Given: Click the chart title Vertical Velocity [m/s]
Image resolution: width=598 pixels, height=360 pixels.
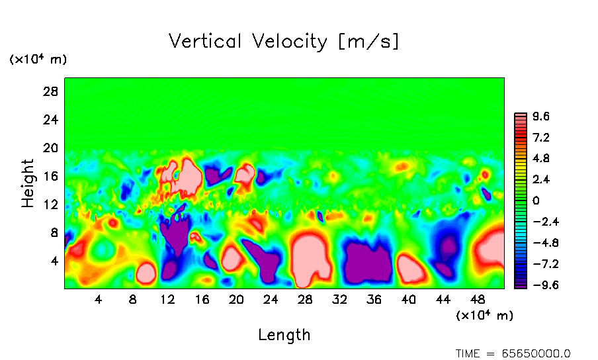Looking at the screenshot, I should [x=284, y=42].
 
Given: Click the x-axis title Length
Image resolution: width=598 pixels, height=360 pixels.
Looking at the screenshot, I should [x=284, y=335].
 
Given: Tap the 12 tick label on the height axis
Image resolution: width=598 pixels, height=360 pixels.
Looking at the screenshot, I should [x=51, y=204].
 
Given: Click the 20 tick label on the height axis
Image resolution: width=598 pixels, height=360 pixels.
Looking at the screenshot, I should [x=51, y=148].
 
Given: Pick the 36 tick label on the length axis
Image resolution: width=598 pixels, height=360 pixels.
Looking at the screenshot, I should [x=374, y=300].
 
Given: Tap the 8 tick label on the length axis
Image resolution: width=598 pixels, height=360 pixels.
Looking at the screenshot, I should [x=133, y=300].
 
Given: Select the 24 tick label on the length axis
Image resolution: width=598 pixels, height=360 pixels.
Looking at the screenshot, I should [x=271, y=300].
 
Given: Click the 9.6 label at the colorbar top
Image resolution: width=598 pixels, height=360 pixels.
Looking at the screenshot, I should [x=542, y=116].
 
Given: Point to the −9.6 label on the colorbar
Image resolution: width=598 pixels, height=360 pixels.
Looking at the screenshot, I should [x=538, y=285].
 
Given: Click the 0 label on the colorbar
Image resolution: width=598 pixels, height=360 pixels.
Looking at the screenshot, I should [x=536, y=201].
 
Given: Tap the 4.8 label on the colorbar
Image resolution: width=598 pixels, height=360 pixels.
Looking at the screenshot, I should [x=542, y=159].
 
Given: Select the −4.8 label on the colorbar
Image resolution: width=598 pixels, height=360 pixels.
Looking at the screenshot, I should [x=538, y=243].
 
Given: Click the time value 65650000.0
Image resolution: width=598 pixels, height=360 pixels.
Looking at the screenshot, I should [x=536, y=353].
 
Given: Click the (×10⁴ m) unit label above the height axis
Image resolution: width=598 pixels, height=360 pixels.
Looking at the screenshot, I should [x=38, y=60].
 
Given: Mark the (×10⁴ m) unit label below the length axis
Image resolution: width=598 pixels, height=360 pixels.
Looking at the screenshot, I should [x=485, y=316].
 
